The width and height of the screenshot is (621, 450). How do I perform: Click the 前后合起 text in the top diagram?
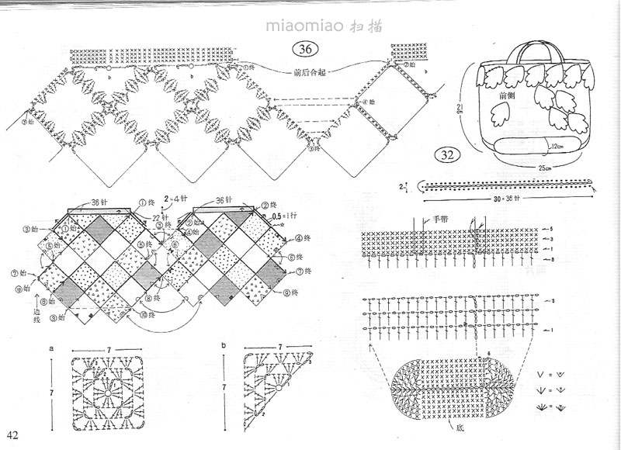(309, 74)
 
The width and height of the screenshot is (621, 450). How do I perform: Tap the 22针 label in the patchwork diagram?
(161, 216)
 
